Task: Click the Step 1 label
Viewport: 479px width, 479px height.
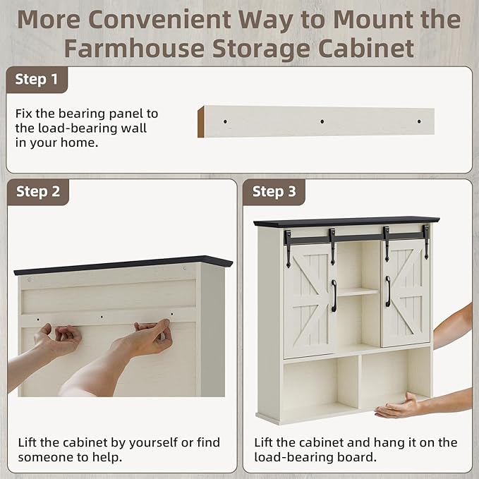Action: point(37,79)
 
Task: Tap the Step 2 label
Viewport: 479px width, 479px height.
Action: point(38,192)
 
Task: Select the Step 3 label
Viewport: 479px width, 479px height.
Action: point(274,192)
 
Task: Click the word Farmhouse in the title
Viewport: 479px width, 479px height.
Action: point(134,48)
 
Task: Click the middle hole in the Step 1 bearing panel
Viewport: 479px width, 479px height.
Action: point(322,121)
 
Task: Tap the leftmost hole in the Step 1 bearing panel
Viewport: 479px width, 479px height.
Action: point(226,121)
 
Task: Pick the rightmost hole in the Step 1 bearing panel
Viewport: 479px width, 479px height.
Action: point(419,121)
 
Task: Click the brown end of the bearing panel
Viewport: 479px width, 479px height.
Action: point(201,122)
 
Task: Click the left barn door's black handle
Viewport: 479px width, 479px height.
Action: point(334,296)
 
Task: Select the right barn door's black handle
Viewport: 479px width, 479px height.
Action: point(388,291)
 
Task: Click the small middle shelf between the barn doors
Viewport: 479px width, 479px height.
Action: point(358,292)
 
